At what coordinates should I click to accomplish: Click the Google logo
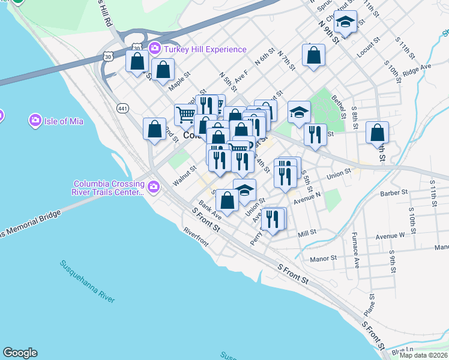tap(20, 353)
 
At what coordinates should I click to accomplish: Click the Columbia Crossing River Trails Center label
tap(109, 188)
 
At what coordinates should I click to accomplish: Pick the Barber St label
tap(394, 193)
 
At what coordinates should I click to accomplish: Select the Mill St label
tap(307, 233)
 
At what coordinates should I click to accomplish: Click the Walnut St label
tap(184, 171)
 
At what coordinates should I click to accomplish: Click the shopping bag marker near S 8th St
tap(377, 133)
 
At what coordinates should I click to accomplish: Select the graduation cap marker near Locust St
tap(345, 23)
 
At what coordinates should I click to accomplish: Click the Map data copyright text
tap(424, 355)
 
